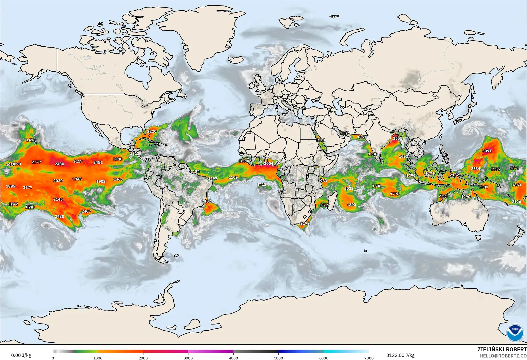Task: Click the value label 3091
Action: click(x=487, y=151)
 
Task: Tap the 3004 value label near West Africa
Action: click(x=269, y=164)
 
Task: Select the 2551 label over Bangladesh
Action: click(x=397, y=138)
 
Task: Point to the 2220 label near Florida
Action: click(x=152, y=131)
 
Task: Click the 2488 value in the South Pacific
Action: click(x=59, y=217)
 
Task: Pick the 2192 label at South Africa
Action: click(x=305, y=223)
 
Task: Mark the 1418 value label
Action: click(x=31, y=140)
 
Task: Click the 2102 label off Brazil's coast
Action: click(x=206, y=201)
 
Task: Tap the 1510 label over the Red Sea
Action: click(x=320, y=140)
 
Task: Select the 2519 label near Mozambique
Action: click(x=325, y=205)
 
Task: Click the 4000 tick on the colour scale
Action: click(x=233, y=358)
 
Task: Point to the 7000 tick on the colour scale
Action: click(x=369, y=358)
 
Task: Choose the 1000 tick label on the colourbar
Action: click(x=98, y=358)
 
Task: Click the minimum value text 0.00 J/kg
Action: click(x=21, y=355)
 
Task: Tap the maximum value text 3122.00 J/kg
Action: click(x=400, y=355)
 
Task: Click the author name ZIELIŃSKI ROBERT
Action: click(x=502, y=349)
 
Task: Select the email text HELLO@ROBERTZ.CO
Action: click(x=503, y=356)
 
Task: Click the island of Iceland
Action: click(x=235, y=60)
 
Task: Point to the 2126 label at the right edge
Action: click(x=516, y=202)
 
